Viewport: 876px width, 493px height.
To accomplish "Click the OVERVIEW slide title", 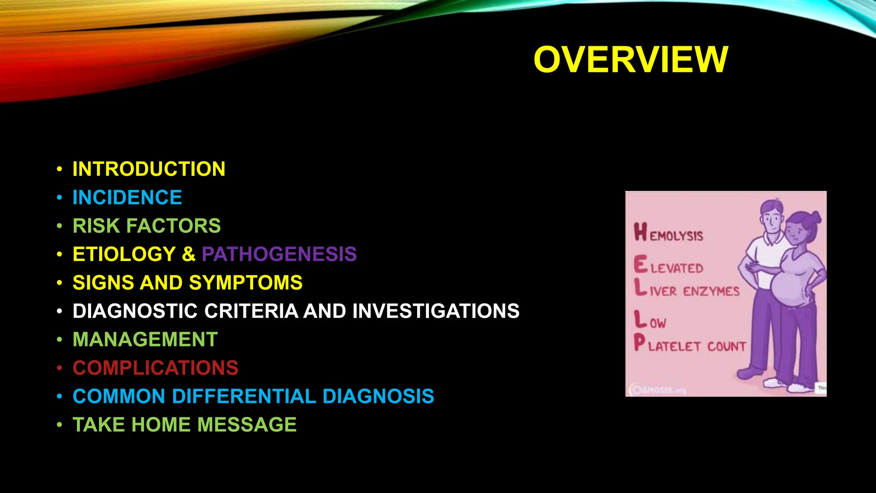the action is (x=630, y=60).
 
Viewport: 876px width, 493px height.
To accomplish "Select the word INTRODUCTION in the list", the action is (x=149, y=169).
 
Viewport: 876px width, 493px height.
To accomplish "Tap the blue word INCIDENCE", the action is (x=127, y=198).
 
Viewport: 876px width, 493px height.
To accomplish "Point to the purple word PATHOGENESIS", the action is (x=279, y=254).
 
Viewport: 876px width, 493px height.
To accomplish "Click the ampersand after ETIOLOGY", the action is (x=189, y=254).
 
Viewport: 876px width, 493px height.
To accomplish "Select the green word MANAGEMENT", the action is (x=145, y=340).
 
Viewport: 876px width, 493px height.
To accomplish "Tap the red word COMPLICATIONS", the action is (x=155, y=368).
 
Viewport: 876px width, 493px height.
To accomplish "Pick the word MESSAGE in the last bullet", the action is (x=247, y=425).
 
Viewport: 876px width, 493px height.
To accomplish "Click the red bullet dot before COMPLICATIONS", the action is (x=60, y=368).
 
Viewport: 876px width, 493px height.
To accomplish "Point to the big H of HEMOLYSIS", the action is (x=640, y=232).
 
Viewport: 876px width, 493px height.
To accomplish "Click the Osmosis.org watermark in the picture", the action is (x=658, y=390).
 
